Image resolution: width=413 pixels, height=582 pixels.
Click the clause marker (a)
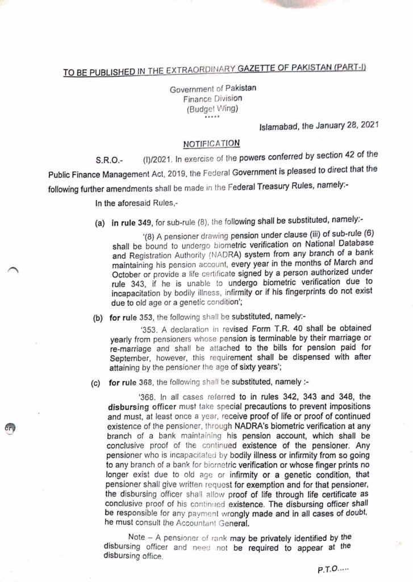coord(99,225)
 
